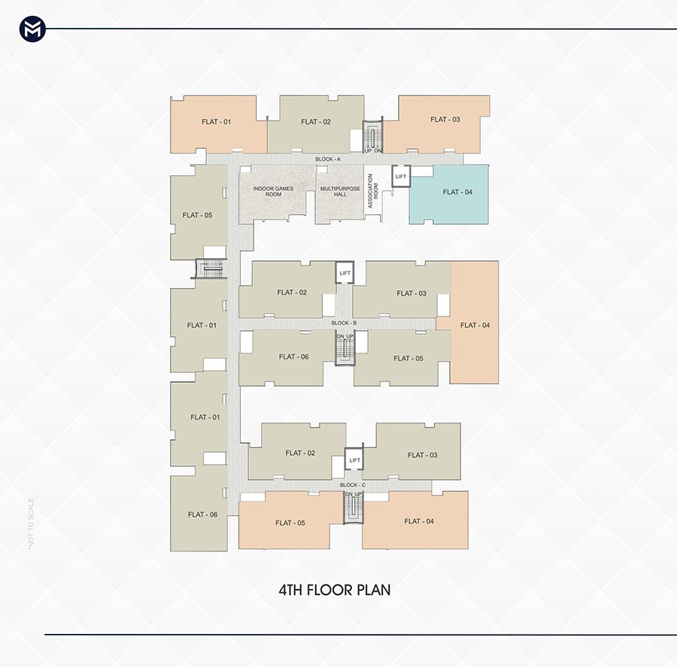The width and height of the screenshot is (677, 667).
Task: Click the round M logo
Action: [x=32, y=29]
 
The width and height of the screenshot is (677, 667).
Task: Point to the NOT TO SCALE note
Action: [x=31, y=523]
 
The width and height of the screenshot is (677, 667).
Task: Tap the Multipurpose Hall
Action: [x=340, y=194]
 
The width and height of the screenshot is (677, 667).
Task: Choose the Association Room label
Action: [x=372, y=191]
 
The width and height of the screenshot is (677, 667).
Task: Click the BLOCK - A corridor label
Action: [x=328, y=159]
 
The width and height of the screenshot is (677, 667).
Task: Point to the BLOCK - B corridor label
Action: [x=344, y=323]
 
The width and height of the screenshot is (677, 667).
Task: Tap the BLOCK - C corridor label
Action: [x=352, y=485]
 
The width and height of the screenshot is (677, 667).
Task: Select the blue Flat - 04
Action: [x=448, y=194]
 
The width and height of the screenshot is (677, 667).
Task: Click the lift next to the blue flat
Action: [x=401, y=176]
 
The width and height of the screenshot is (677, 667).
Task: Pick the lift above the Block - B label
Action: [x=345, y=272]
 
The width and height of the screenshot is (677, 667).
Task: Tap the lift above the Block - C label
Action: [x=354, y=459]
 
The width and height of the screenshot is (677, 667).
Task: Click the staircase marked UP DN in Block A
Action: [x=372, y=135]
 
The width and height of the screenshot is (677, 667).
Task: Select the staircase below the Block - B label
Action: [x=345, y=348]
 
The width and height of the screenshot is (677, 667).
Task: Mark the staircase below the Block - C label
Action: [x=354, y=508]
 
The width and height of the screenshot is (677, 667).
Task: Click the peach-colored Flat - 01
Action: [x=218, y=124]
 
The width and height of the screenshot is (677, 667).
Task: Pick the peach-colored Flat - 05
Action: [x=290, y=520]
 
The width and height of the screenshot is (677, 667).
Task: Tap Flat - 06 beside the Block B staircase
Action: [x=287, y=357]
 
